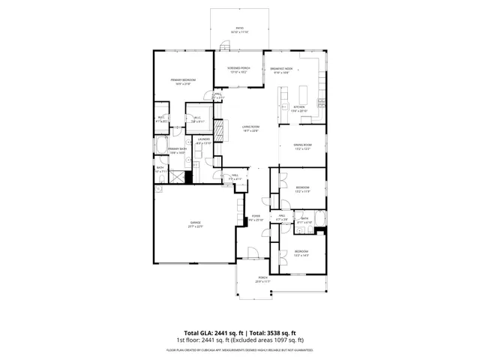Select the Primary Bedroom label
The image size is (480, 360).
click(x=182, y=82)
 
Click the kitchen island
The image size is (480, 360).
click(x=304, y=95)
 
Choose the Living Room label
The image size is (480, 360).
click(x=250, y=128)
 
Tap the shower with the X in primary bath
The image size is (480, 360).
click(x=176, y=178)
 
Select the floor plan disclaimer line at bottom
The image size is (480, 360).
click(x=239, y=349)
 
